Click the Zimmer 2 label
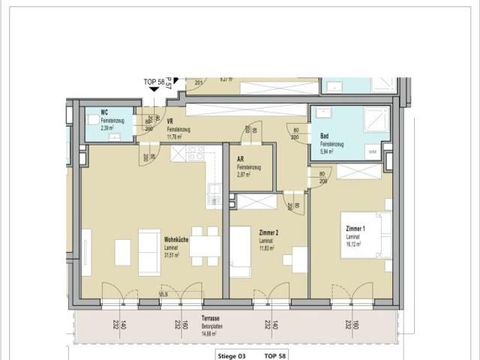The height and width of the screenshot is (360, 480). (x=246, y=233)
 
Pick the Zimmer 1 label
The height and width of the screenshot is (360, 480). (x=355, y=228)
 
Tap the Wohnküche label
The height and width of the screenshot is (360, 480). (x=176, y=240)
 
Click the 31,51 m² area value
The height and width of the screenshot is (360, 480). (x=174, y=254)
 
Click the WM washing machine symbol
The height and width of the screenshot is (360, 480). (x=372, y=151)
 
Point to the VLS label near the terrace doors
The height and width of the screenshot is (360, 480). (x=163, y=295)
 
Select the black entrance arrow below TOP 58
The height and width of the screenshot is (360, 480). (x=154, y=89)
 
